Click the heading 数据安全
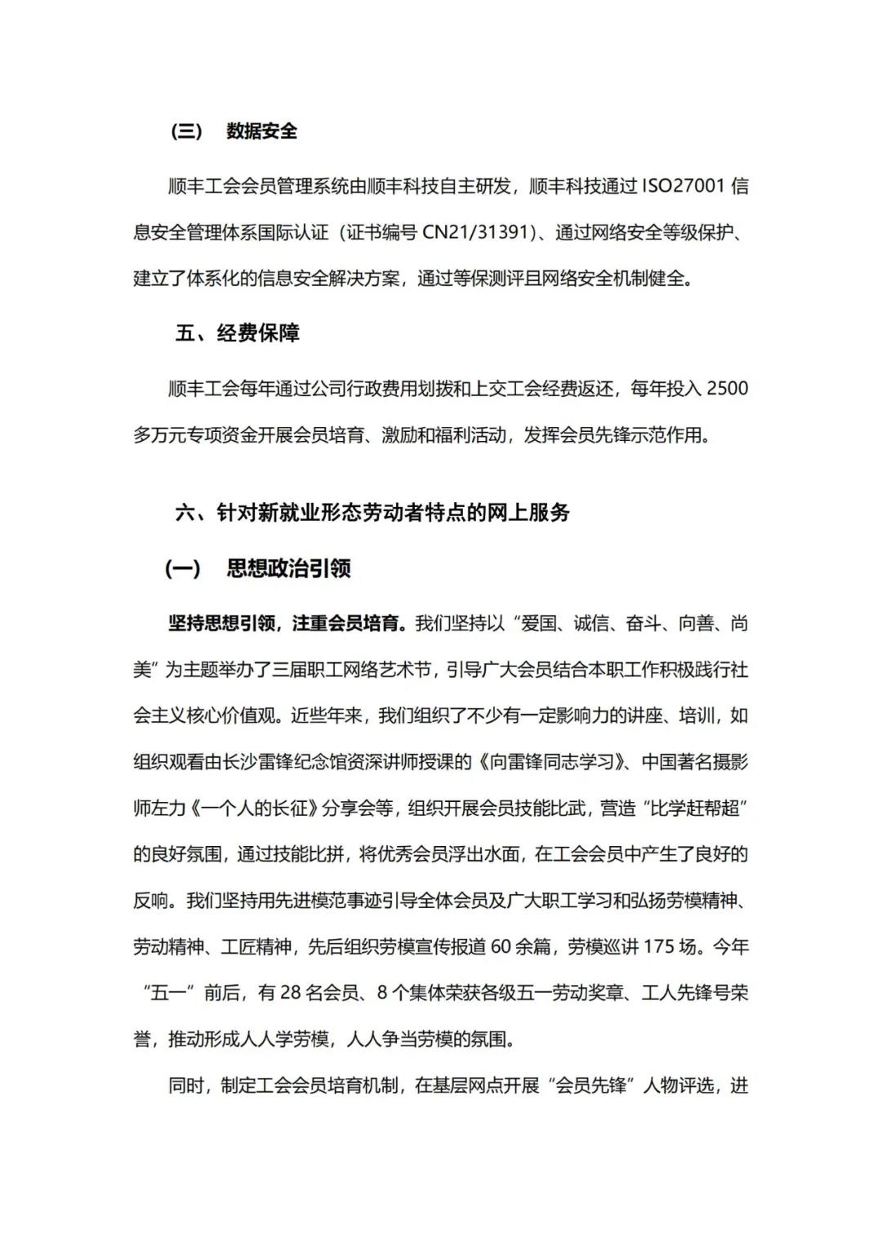point(261,131)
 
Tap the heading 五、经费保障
point(238,333)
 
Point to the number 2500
point(727,389)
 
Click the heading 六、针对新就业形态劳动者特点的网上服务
point(372,513)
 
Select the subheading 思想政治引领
point(288,568)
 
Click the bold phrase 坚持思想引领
point(221,624)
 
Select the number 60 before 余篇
point(501,947)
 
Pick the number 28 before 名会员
point(291,994)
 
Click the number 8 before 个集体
point(382,994)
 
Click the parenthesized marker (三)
point(187,131)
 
